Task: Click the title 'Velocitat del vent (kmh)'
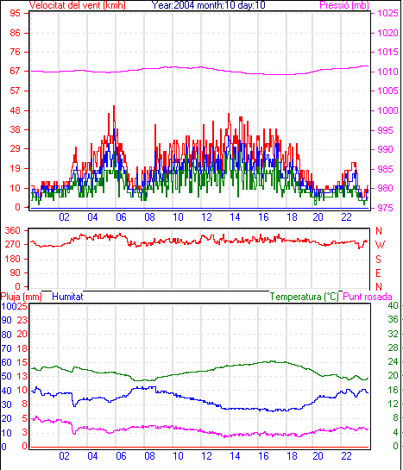77,5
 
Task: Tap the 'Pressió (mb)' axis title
344,5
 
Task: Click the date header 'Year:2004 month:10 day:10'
208,5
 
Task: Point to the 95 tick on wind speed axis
16,13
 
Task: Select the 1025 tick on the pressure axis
387,13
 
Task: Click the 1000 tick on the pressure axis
387,110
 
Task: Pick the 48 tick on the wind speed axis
16,110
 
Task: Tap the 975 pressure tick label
385,208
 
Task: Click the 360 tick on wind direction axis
13,231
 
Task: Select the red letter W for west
380,245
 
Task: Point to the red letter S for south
379,259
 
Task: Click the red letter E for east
379,273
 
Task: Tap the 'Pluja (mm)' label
21,297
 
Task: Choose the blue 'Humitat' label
67,297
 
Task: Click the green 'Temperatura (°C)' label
305,297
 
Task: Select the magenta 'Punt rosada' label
368,297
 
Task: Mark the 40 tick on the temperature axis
394,306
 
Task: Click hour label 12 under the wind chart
206,217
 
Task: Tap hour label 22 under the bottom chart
346,456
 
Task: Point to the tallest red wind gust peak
114,106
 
